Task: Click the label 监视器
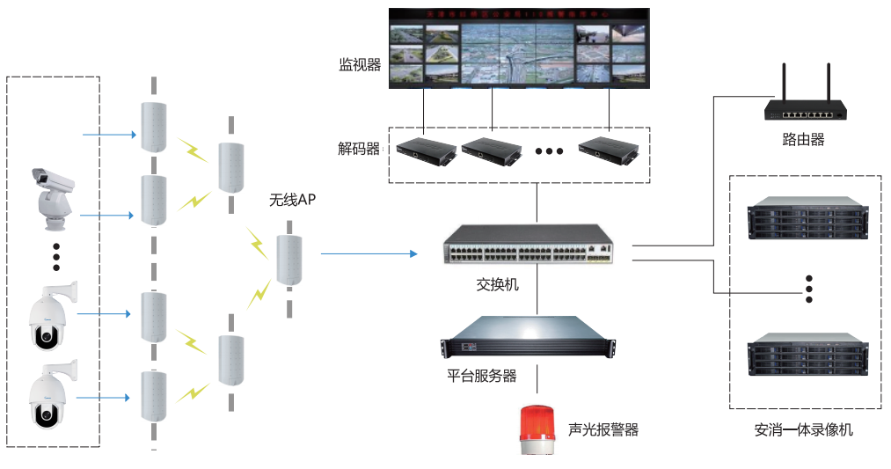pos(359,65)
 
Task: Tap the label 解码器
pos(359,149)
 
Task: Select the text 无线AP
pos(292,201)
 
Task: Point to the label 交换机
pos(498,285)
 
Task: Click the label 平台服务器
pos(481,376)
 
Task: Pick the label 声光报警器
pos(603,429)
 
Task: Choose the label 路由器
pos(803,139)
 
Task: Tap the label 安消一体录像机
pos(803,430)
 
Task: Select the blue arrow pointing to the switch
pos(369,254)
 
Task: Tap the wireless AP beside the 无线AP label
pos(289,260)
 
